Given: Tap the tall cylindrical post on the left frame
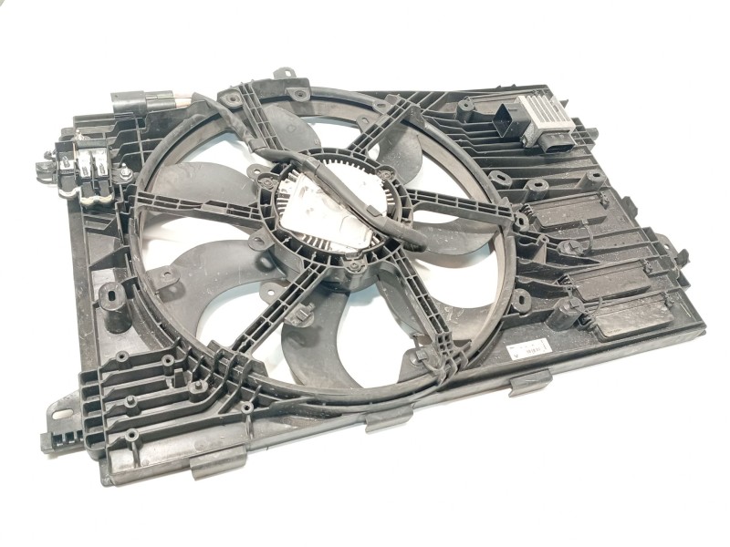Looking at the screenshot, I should (111, 296).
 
